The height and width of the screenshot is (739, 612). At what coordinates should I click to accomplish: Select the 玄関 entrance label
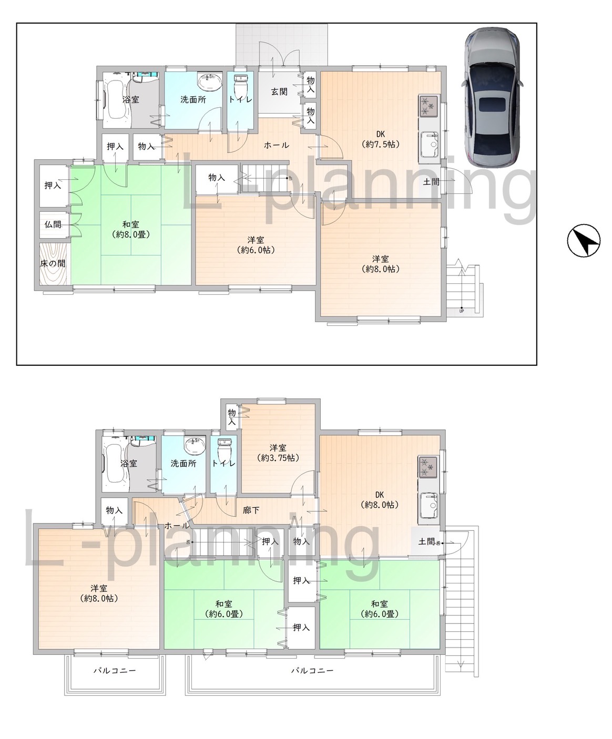coord(279,91)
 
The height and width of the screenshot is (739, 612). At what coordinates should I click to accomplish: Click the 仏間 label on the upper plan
coord(53,224)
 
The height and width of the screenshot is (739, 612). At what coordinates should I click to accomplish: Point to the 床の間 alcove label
coord(53,263)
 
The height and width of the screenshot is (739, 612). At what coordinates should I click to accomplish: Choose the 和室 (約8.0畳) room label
coord(131,229)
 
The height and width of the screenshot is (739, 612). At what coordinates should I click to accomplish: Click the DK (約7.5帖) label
coord(380,139)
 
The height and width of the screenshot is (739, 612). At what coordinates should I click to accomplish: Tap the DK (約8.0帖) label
coord(380,500)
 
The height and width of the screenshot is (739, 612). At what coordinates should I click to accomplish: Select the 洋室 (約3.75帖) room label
coord(278,453)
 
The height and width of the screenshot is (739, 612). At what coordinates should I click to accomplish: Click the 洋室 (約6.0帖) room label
coord(256,245)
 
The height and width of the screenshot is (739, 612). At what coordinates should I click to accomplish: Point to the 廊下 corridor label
coord(251,510)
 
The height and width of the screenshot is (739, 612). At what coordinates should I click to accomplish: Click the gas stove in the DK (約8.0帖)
coord(428,467)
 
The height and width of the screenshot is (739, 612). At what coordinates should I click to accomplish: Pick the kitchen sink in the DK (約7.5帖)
coord(429,144)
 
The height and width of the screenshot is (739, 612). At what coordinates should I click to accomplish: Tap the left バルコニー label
coord(115,670)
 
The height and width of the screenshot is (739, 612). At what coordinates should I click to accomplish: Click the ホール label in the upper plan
coord(276,145)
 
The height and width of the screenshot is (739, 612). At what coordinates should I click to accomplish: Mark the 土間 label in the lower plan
coord(426,541)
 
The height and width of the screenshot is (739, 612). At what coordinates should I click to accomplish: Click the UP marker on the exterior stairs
coord(462,311)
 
